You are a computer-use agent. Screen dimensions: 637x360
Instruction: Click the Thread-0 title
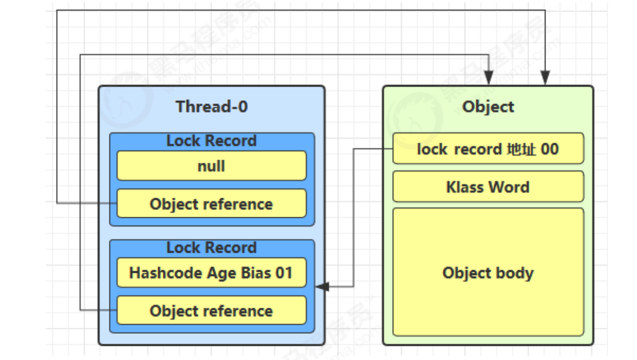click(x=211, y=107)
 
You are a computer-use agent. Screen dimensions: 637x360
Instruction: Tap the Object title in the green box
click(x=488, y=107)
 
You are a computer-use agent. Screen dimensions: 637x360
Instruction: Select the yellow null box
click(x=211, y=166)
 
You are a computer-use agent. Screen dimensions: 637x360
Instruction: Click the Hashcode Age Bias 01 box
click(x=211, y=273)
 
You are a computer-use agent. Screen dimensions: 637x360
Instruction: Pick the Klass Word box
click(x=488, y=187)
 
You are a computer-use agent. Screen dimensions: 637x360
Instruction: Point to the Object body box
click(x=488, y=272)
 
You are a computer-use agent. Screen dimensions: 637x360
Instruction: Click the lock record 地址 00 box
click(x=488, y=149)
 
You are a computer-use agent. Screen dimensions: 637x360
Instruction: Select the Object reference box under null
click(x=211, y=203)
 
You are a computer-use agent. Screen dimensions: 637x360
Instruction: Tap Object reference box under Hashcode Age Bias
click(x=211, y=310)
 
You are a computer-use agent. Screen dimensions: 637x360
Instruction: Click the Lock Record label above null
click(x=211, y=141)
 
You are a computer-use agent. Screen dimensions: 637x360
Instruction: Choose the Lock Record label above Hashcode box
click(x=211, y=248)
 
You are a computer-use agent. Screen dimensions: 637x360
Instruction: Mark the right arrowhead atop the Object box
click(x=545, y=77)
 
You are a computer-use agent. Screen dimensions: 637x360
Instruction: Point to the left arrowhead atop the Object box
click(x=489, y=77)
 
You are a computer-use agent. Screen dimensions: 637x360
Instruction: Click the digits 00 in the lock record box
click(x=550, y=149)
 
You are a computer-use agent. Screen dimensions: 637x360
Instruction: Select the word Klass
click(x=465, y=187)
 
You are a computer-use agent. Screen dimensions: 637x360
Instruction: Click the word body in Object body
click(x=515, y=273)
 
